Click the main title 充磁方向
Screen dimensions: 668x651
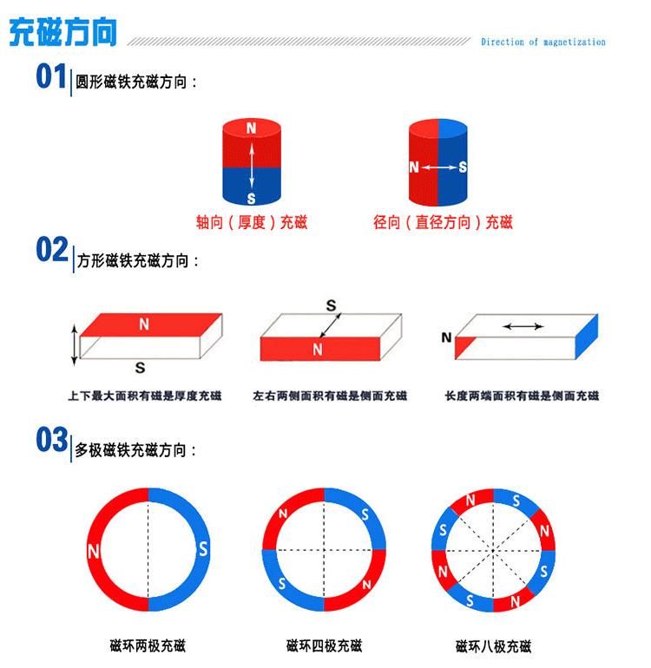click(x=62, y=33)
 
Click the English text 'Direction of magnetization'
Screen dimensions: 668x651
click(x=542, y=42)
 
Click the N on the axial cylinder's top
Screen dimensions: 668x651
click(x=252, y=128)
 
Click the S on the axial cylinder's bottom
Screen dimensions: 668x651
click(x=252, y=199)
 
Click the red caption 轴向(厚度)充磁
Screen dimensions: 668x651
click(x=252, y=223)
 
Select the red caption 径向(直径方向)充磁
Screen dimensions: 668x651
click(x=443, y=223)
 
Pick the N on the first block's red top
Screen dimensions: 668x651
click(x=143, y=324)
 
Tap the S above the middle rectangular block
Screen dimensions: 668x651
click(x=331, y=305)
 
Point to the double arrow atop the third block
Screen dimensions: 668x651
click(x=523, y=326)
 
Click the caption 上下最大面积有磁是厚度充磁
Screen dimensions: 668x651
click(x=144, y=396)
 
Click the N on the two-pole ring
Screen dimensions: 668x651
click(x=93, y=550)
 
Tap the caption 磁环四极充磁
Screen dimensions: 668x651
click(x=324, y=646)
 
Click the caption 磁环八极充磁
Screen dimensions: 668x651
click(x=493, y=646)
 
